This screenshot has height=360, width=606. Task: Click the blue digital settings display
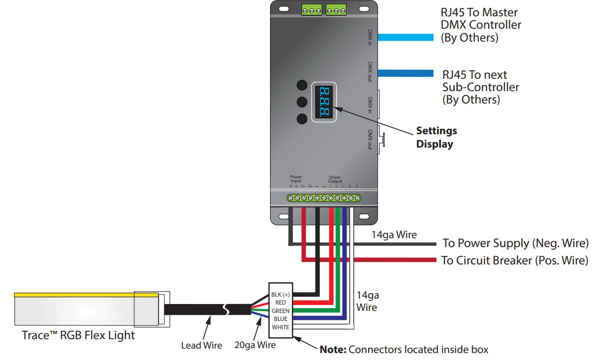pos(324,102)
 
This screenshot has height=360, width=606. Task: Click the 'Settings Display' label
pos(436,138)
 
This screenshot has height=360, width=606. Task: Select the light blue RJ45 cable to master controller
pos(406,37)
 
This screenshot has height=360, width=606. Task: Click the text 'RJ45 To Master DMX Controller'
pos(481,24)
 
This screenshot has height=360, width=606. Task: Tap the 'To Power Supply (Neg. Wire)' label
pos(515,243)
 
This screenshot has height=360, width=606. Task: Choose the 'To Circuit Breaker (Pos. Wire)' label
pos(515,260)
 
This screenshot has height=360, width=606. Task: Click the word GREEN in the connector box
pos(280,311)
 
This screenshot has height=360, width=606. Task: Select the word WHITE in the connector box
pos(280,327)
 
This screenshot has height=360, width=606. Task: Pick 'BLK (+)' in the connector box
pos(280,295)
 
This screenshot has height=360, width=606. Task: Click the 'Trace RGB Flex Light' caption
pos(78,335)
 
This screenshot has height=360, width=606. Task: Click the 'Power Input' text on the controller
pos(296,179)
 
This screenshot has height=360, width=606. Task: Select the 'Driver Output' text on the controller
pos(335,179)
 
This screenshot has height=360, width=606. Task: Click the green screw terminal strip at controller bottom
pos(325,198)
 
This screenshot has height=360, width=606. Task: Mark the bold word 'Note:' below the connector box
pos(333,350)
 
